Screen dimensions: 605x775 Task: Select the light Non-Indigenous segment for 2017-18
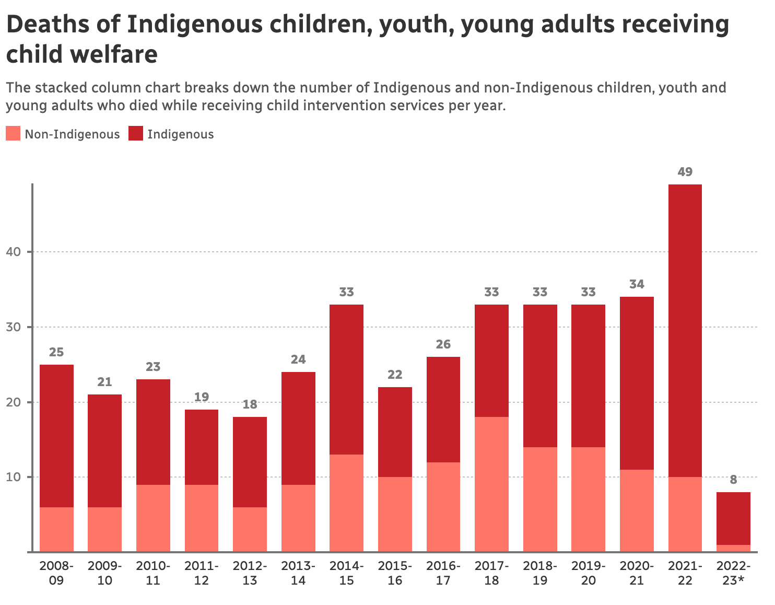491,484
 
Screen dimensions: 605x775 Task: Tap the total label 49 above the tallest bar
685,172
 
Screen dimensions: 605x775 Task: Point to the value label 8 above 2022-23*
733,480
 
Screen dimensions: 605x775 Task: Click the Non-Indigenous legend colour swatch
13,134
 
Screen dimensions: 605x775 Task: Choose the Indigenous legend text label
180,134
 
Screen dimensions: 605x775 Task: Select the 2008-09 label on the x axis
56,573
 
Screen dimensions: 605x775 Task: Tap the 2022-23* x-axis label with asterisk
733,573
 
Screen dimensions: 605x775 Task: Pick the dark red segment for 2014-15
346,379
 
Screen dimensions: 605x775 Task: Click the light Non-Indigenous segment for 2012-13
250,529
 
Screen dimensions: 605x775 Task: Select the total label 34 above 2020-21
637,284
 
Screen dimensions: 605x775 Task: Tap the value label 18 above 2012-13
250,404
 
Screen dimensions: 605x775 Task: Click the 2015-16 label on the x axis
395,573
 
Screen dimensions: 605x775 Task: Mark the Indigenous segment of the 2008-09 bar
56,436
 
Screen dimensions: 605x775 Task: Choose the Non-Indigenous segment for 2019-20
588,499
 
